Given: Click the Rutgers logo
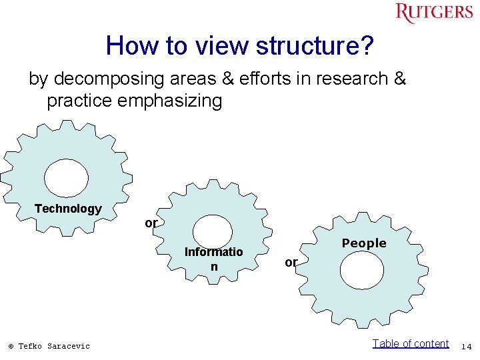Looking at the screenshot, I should (x=433, y=13).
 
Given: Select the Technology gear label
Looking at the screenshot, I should (x=68, y=209).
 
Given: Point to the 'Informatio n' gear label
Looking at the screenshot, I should (x=213, y=259).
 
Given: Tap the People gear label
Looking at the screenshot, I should (x=364, y=243).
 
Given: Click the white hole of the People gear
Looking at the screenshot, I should (x=361, y=271).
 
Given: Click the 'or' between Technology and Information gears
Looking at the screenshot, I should (x=151, y=223).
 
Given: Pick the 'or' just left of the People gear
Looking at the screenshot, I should (x=291, y=263).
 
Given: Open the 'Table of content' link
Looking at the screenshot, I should (x=410, y=343).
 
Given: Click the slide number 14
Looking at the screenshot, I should (x=466, y=346).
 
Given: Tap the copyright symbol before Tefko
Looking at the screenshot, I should (x=11, y=346).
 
